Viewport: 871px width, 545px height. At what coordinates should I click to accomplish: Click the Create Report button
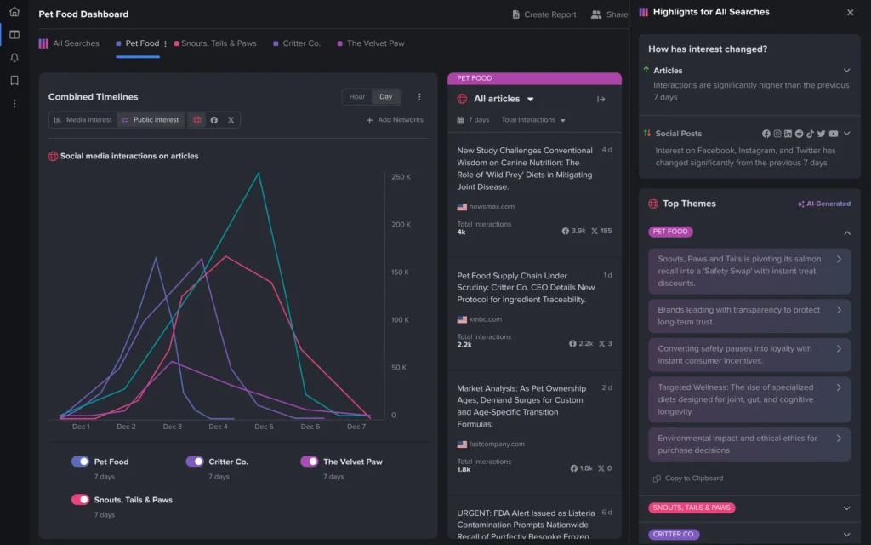pyautogui.click(x=544, y=14)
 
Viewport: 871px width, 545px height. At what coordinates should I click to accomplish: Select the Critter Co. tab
pyautogui.click(x=301, y=43)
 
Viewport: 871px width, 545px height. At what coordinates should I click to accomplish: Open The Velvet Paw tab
pyautogui.click(x=375, y=43)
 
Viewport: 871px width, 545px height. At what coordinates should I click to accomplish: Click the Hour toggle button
pyautogui.click(x=357, y=97)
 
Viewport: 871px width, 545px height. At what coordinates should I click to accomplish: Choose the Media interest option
pyautogui.click(x=83, y=120)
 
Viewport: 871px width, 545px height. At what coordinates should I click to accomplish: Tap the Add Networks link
pyautogui.click(x=395, y=120)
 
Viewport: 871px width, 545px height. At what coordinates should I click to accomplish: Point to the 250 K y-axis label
pyautogui.click(x=401, y=177)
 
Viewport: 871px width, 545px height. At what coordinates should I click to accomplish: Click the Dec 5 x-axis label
pyautogui.click(x=265, y=427)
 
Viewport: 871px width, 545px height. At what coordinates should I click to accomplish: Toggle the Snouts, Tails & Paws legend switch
pyautogui.click(x=81, y=500)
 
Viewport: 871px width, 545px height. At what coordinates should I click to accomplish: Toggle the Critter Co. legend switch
pyautogui.click(x=195, y=462)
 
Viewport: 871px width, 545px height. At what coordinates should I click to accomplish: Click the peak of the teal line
pyautogui.click(x=259, y=173)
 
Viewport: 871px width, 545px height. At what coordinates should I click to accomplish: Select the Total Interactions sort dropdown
pyautogui.click(x=533, y=120)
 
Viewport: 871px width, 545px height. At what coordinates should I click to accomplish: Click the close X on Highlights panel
pyautogui.click(x=850, y=13)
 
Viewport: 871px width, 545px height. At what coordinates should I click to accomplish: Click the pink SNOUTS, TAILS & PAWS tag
pyautogui.click(x=692, y=508)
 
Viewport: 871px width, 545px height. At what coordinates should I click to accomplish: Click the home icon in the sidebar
pyautogui.click(x=14, y=12)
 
